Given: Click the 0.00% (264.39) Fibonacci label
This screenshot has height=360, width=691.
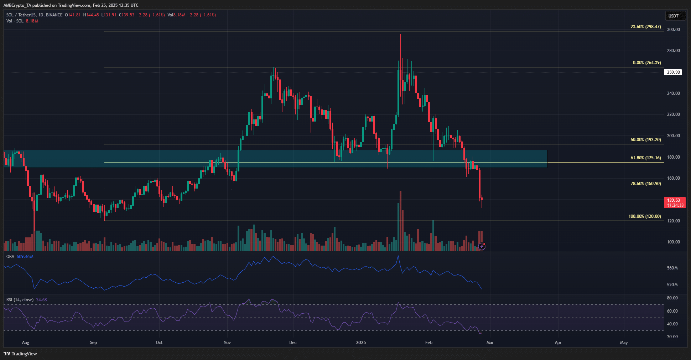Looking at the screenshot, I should pos(646,63).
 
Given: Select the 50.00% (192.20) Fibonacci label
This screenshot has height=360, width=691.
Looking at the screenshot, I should pos(645,140).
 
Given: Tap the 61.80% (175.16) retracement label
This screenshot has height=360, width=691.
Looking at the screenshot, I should pos(645,158).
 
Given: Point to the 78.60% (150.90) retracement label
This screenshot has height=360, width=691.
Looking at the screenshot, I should pos(645,184).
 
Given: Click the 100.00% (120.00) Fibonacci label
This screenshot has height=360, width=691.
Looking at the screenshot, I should pos(644,216).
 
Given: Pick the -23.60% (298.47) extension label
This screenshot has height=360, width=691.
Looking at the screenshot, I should pos(644,27).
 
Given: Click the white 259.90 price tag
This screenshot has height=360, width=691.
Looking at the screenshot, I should pos(673,72).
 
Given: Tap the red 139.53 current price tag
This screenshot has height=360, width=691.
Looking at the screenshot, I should pos(675,201).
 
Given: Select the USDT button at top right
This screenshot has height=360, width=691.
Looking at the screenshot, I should pos(673,16).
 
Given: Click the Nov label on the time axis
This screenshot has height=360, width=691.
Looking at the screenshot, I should pos(227,343).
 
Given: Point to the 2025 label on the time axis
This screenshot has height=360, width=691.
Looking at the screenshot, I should pos(361,343).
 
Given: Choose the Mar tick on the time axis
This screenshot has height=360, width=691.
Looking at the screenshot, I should pos(490,343).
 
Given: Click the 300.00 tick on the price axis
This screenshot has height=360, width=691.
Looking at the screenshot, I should pos(673,30).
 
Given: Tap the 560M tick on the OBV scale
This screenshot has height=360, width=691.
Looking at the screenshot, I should pos(672,268).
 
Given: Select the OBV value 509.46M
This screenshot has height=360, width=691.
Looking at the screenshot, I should pos(25,257).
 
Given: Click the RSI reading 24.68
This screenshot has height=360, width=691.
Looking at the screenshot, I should pos(41,300).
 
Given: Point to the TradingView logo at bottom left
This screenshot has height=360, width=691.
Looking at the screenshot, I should pos(20,354).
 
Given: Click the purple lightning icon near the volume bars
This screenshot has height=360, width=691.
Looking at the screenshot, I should pos(482,246).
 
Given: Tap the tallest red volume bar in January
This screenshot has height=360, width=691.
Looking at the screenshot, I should pos(401,221).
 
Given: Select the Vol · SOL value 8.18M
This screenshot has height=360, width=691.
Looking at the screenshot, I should pos(32,21).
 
